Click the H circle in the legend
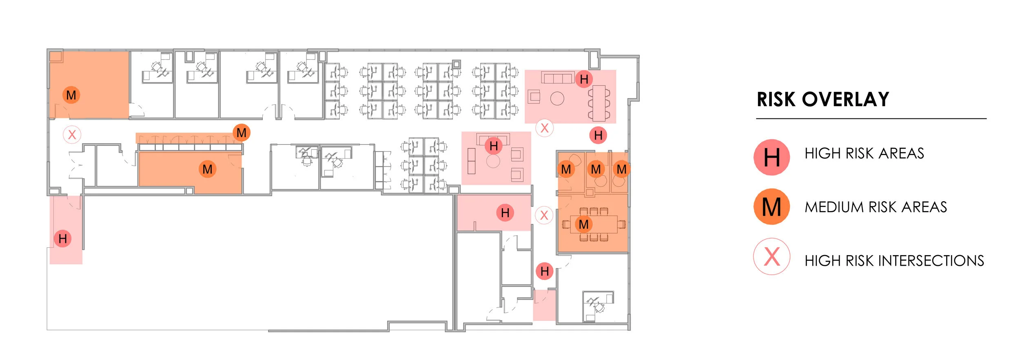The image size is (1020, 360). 772,158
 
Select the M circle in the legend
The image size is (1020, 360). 772,207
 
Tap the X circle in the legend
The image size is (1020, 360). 772,257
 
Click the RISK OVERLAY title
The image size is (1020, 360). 823,100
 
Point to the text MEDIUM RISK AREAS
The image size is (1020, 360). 876,207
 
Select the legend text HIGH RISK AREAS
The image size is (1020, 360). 864,153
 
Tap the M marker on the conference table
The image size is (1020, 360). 583,224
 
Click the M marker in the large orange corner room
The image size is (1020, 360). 71,95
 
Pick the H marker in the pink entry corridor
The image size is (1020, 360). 62,238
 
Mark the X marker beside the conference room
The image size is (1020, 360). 544,215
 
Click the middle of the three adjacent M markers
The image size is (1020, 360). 596,169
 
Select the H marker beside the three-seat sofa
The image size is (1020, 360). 584,79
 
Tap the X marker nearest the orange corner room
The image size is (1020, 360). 72,134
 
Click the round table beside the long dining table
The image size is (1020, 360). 557,98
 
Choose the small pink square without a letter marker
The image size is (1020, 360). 544,305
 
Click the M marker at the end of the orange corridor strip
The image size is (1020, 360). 242,133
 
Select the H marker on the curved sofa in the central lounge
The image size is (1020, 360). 494,146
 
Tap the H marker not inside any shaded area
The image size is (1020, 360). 598,135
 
